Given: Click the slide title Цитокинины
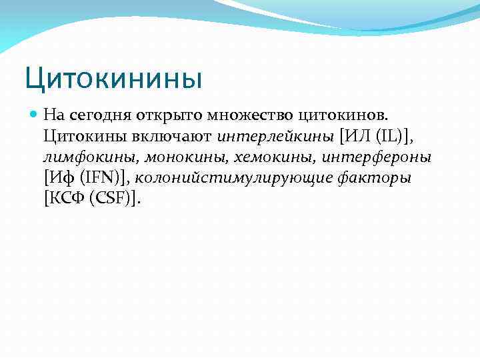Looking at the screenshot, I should tap(113, 78).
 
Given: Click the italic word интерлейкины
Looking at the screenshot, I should tap(275, 137).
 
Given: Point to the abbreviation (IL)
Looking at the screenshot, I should tap(389, 137).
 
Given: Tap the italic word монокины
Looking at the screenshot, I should tap(174, 157).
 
